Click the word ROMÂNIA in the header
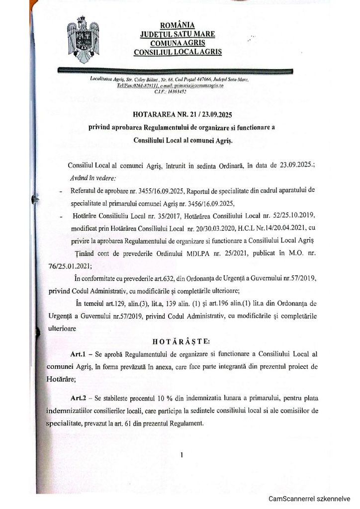(178, 25)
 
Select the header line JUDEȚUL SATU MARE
(178, 34)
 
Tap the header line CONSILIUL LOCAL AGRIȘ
(178, 52)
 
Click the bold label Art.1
(81, 354)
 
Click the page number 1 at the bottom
(182, 454)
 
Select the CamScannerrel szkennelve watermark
(310, 499)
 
